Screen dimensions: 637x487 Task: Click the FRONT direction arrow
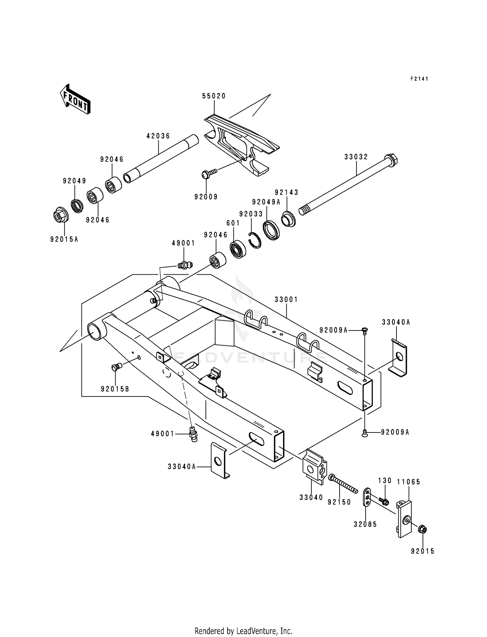point(75,99)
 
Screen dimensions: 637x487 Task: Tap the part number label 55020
point(214,96)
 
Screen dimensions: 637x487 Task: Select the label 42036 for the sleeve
point(158,136)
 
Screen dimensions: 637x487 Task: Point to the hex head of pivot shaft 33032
point(392,160)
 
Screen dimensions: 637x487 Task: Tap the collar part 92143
point(287,219)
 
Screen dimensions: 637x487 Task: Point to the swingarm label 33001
point(286,300)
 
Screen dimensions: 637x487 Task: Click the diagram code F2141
point(419,79)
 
